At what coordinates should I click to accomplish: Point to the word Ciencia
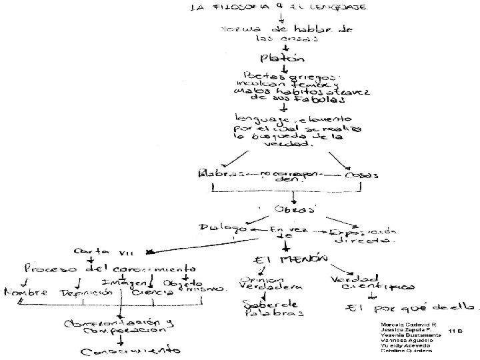pos(148,292)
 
